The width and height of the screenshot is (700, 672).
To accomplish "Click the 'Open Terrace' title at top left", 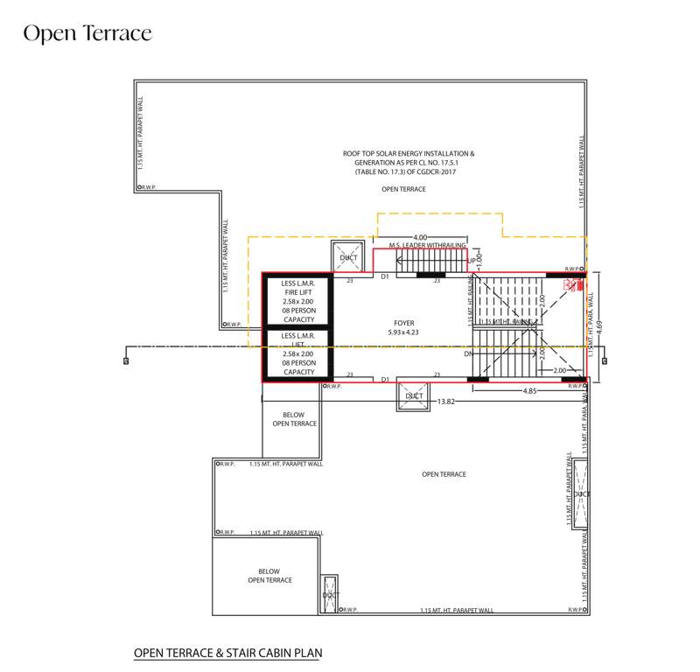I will point(87,33).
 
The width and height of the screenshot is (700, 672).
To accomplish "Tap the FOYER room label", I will point(403,323).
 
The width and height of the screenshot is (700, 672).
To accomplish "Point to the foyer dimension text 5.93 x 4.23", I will point(403,333).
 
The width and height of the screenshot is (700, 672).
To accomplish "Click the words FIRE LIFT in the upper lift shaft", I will point(298,295).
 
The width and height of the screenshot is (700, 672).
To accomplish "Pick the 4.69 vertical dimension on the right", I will point(599,326).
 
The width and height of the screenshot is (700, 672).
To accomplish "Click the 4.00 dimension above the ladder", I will point(420,237).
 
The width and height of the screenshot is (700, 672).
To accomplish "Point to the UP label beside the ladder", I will point(472,261).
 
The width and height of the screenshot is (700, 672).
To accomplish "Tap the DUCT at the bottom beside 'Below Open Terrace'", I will point(329,595).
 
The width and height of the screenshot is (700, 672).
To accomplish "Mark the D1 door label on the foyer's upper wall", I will point(385,277).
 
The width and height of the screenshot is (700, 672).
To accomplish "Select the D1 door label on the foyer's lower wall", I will point(385,379).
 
